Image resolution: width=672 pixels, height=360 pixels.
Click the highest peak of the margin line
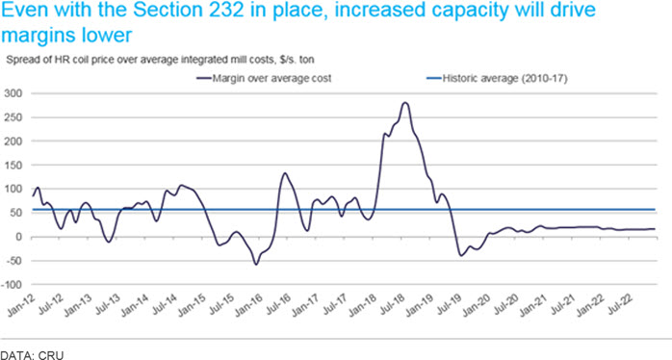(x=405, y=102)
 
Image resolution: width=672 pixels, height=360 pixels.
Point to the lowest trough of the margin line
(x=256, y=265)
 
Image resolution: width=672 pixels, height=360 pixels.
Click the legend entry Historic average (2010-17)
(x=498, y=78)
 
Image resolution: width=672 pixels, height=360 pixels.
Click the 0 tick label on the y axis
(x=17, y=237)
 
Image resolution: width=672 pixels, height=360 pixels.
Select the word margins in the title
(x=39, y=36)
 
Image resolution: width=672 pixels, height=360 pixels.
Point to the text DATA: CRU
(x=32, y=355)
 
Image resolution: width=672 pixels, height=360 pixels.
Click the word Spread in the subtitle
(x=19, y=60)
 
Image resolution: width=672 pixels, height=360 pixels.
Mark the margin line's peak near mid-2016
(x=285, y=173)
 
